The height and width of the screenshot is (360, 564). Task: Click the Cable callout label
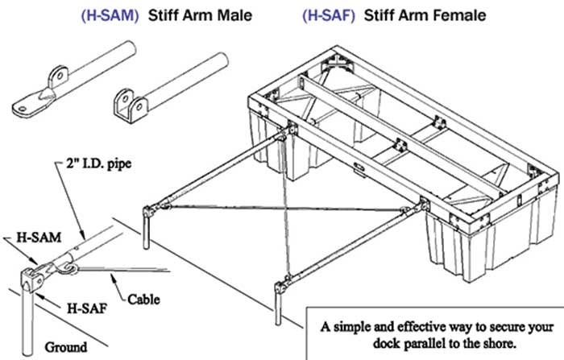[143, 300]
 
